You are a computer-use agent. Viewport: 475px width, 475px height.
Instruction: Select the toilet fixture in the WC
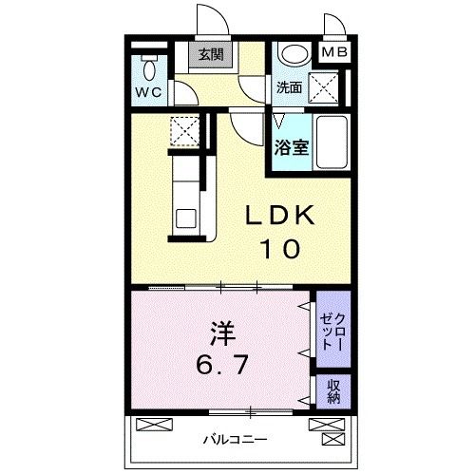148,67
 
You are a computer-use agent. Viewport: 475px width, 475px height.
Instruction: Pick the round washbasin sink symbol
294,56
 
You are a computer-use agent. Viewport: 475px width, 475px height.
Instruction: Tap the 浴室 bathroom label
291,147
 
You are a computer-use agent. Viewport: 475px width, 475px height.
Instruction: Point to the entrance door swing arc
211,19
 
